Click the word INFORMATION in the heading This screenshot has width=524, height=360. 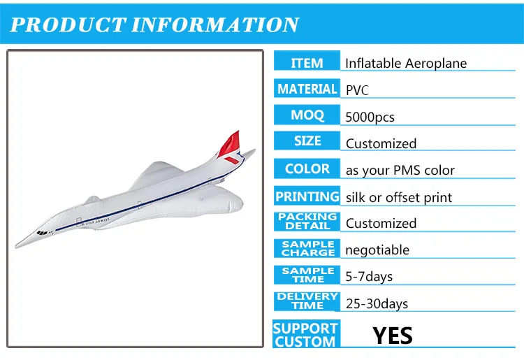tap(215, 24)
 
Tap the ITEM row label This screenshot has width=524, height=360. tap(307, 63)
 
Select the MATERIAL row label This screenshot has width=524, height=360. tap(307, 89)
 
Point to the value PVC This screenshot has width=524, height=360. tap(357, 90)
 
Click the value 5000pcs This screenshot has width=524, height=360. tap(370, 117)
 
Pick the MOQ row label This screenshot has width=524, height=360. tap(307, 115)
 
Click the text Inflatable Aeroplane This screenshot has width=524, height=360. tap(406, 63)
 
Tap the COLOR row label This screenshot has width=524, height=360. tap(307, 168)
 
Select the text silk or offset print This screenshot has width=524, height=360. tap(399, 197)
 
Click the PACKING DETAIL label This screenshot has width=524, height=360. tap(307, 222)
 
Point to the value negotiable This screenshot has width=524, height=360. tap(377, 250)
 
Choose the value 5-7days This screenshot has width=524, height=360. tap(369, 276)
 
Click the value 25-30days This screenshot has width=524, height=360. tap(377, 303)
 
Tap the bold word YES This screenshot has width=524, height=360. tap(393, 336)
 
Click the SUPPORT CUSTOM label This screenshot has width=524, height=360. tap(305, 335)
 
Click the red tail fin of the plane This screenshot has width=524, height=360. tap(231, 144)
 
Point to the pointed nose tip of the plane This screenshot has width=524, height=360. tap(16, 247)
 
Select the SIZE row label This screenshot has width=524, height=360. tap(307, 141)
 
